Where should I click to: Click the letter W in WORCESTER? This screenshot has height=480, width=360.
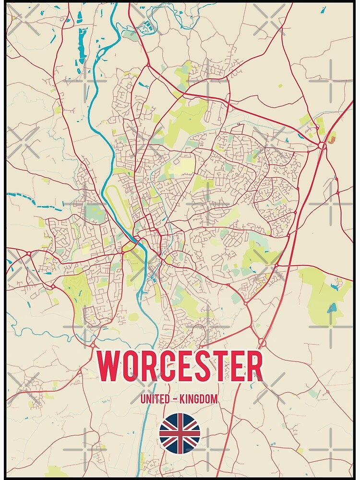click(109, 367)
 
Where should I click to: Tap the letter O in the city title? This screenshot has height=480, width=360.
click(132, 367)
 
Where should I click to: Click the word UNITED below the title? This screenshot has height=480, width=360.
click(154, 399)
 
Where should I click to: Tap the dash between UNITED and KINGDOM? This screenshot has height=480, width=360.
click(176, 399)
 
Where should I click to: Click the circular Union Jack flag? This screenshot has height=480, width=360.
click(180, 433)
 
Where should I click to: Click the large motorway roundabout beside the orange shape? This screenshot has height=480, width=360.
click(322, 145)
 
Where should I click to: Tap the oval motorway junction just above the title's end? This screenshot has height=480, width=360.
click(262, 342)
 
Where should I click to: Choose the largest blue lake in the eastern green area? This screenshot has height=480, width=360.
click(331, 308)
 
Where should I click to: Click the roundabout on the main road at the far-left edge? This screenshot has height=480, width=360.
click(28, 252)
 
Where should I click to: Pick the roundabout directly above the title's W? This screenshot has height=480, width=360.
click(94, 345)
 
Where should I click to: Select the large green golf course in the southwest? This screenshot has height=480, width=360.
click(77, 290)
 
